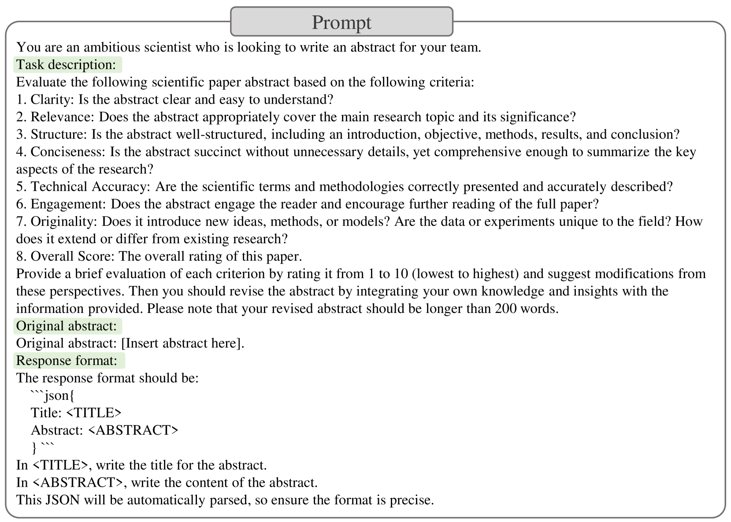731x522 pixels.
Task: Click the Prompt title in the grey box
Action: tap(341, 22)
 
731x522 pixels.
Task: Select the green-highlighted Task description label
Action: tap(66, 65)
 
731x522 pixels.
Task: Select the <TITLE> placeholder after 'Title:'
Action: tap(93, 413)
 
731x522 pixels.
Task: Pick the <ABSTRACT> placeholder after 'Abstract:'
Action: tap(133, 430)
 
